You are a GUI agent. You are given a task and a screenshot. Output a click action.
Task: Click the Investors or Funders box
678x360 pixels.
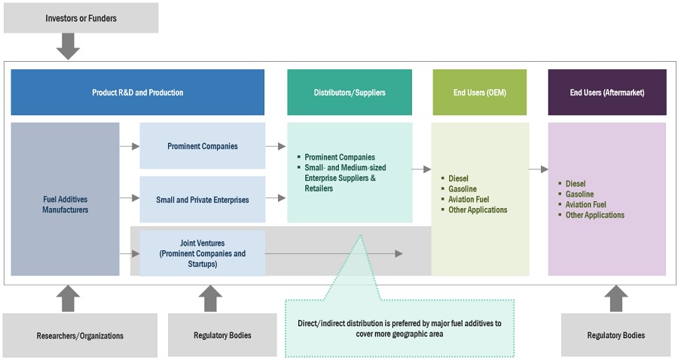pos(81,17)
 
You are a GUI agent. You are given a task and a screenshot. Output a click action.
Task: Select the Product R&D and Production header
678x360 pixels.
pos(137,93)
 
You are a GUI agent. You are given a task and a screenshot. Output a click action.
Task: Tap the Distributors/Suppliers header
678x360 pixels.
pos(349,93)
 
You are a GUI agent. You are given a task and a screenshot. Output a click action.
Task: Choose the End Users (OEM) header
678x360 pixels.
pos(479,93)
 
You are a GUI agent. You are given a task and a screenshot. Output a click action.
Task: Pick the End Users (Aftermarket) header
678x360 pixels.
pos(606,93)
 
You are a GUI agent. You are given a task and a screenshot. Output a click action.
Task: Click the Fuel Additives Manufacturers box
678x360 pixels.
pos(65,205)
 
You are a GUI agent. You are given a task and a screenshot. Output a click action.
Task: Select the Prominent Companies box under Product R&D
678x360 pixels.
pos(202,146)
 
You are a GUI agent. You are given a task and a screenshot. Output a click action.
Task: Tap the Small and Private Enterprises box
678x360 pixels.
pos(202,200)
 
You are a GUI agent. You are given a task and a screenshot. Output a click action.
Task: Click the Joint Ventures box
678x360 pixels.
pos(202,254)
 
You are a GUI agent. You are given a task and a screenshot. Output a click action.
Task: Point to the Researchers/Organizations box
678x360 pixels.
pos(81,335)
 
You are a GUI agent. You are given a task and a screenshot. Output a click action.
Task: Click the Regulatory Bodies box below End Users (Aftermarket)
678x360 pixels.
pos(615,335)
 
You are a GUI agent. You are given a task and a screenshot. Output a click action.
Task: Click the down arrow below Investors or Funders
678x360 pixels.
pos(69,47)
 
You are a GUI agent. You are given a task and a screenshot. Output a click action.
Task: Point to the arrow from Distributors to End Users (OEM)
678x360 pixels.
pos(421,170)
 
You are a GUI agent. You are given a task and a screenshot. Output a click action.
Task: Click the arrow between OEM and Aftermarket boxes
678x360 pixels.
pos(538,170)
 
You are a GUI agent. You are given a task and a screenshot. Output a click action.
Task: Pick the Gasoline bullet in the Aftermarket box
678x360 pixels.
pos(579,194)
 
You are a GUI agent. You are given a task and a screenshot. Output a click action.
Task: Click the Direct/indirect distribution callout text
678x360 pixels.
pos(399,328)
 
